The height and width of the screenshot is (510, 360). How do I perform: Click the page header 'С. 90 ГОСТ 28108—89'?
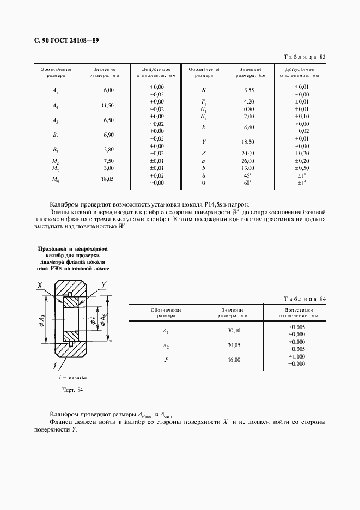point(61,41)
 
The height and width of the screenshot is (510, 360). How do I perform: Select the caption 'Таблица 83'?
point(305,57)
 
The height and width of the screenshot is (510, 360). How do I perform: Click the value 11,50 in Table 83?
point(108,105)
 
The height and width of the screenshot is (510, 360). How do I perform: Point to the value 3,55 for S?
point(249,90)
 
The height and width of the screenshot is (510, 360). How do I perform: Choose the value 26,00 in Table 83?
point(249,161)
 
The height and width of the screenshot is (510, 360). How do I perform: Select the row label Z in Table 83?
point(203,153)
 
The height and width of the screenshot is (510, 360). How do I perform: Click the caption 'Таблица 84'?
point(305,299)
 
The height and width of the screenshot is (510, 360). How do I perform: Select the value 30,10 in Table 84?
point(234,331)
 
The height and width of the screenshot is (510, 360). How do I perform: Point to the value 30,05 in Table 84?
point(234,345)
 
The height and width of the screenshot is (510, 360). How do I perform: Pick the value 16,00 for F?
point(234,360)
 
